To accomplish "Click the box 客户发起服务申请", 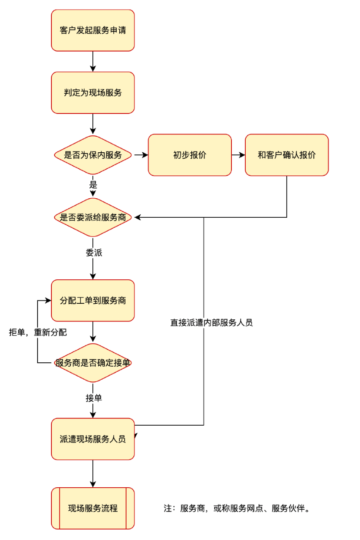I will click(x=93, y=30).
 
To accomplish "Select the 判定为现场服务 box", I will click(x=93, y=92).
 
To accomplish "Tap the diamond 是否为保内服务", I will click(x=93, y=155).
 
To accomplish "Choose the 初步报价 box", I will click(x=190, y=155).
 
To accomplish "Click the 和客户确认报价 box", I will click(x=287, y=155).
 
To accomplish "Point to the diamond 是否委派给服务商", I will click(x=93, y=217).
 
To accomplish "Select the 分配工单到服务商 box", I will click(x=93, y=300).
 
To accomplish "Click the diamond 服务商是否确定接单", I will click(x=93, y=363).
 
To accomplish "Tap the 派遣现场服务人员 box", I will click(x=93, y=439).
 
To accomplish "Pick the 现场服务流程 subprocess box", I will click(x=93, y=508).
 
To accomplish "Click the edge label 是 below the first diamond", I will click(x=93, y=185).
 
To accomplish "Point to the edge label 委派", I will click(x=94, y=253).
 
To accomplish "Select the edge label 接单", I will click(x=94, y=398).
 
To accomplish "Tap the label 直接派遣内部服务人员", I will click(x=211, y=323).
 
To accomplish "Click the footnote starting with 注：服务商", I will click(x=238, y=508).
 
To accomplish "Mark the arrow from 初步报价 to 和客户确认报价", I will click(x=238, y=155).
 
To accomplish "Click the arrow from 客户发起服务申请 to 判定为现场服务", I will click(x=93, y=62).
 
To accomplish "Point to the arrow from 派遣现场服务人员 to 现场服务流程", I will click(x=93, y=474).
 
